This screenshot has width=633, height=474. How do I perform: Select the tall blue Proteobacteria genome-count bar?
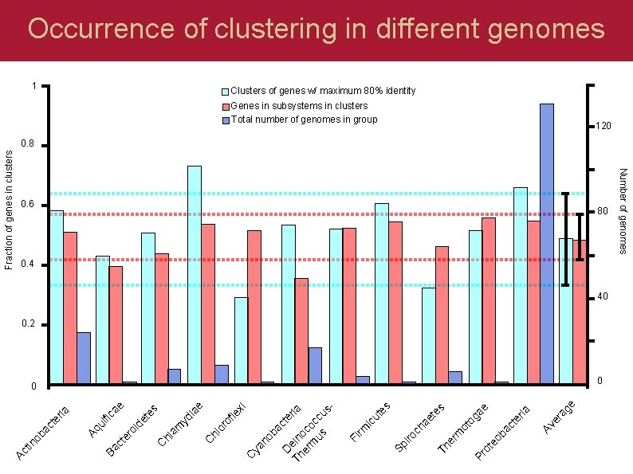(546, 243)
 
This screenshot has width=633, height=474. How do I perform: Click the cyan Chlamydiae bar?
(195, 275)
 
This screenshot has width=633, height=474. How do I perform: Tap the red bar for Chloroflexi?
(254, 307)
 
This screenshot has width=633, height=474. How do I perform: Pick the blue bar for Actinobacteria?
(84, 358)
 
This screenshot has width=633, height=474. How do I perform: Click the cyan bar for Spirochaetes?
(429, 336)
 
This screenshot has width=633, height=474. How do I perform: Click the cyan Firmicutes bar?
(382, 294)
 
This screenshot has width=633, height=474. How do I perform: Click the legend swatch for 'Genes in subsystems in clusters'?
(226, 106)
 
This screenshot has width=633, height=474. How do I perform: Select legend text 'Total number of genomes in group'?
(304, 119)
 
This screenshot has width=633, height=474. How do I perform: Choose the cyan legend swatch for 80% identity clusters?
(226, 92)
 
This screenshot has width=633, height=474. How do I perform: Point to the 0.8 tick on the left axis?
(29, 145)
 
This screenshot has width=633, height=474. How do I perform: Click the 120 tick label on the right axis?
(603, 126)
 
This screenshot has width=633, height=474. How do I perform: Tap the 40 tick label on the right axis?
(604, 296)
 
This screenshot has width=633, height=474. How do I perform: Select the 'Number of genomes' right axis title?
(623, 211)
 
